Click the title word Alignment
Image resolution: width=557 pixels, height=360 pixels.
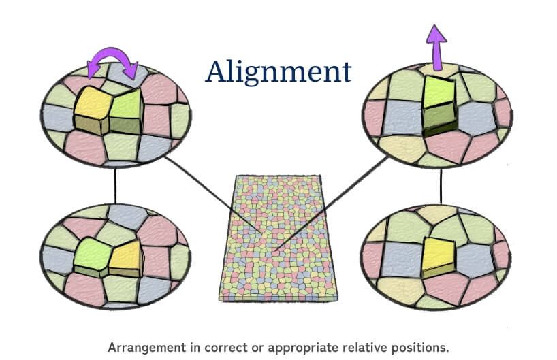pos(278,71)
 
